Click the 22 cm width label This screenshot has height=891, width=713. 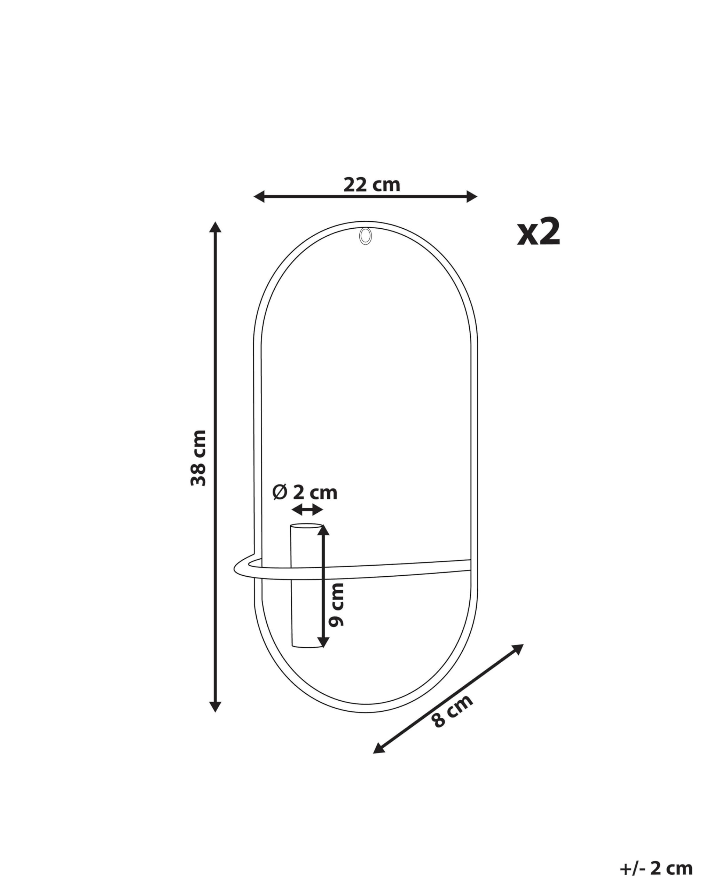[371, 184]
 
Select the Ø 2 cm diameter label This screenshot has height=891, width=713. [305, 492]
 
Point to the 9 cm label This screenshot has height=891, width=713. [336, 604]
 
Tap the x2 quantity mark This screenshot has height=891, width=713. [539, 232]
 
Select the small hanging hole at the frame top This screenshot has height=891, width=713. [365, 236]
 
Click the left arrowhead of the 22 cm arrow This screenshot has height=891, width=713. [258, 197]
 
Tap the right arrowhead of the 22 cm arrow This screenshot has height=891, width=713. [472, 197]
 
